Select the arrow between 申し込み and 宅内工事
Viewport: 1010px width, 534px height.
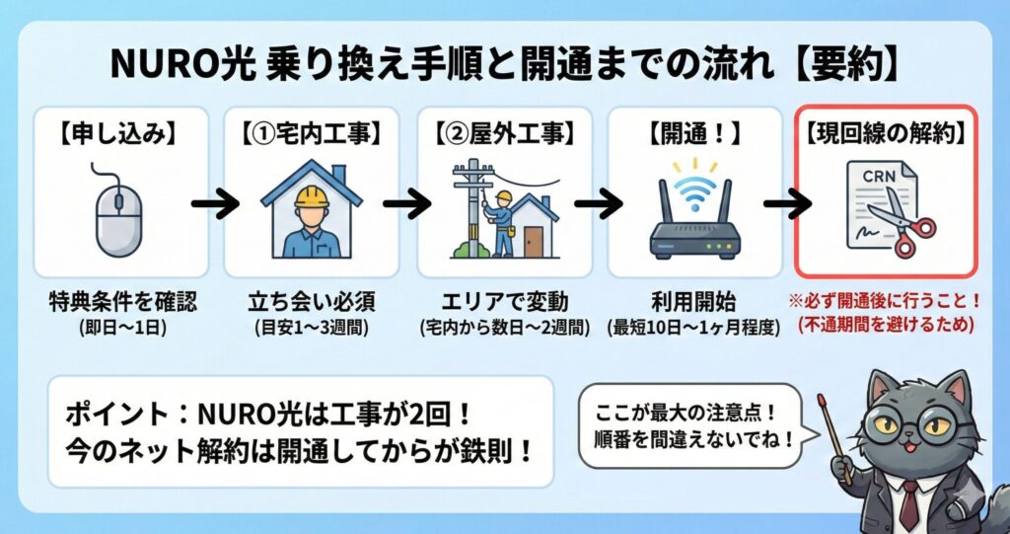[x=215, y=206]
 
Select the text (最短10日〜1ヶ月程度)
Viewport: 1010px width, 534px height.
[x=696, y=327]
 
